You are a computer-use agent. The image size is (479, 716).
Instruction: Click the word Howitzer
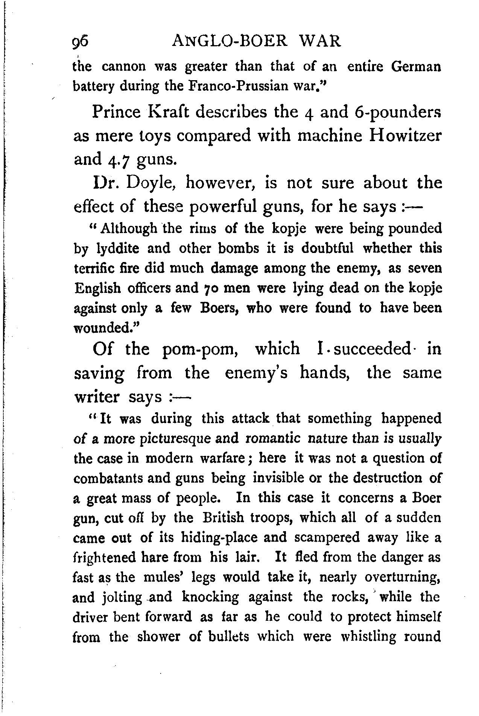pos(404,136)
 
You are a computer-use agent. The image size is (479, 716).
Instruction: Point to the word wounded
pos(105,328)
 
